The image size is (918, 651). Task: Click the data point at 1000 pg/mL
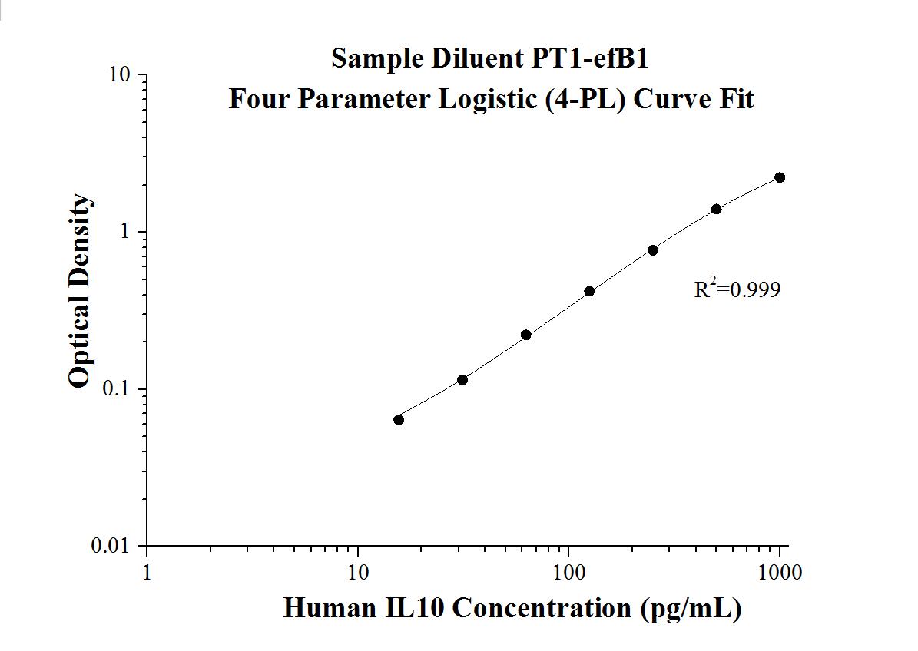point(780,177)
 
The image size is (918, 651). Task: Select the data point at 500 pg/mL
point(716,209)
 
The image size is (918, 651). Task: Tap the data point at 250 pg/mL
point(653,249)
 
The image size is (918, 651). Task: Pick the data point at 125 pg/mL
point(589,291)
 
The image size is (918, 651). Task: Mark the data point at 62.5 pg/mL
point(526,335)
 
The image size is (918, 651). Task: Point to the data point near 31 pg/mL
point(462,379)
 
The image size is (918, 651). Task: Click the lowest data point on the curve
point(399,419)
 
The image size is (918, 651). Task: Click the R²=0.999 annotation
point(737,289)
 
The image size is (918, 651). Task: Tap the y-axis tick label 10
point(119,75)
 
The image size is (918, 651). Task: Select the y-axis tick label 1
point(126,232)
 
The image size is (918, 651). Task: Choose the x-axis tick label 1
point(147,573)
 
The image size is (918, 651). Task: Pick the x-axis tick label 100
point(568,573)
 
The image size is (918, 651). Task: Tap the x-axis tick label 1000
point(780,573)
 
